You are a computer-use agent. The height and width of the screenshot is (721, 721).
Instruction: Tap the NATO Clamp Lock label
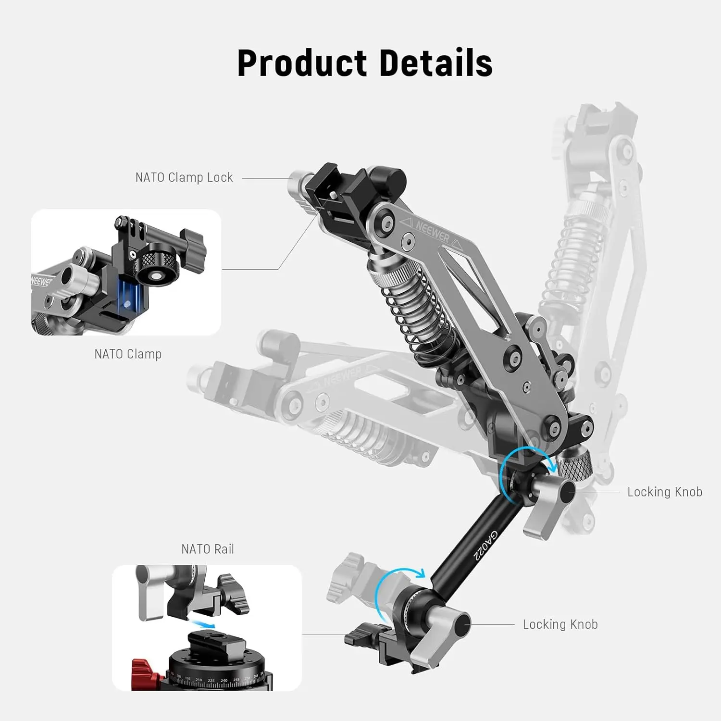(184, 177)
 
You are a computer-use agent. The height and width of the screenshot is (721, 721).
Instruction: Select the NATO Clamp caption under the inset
(128, 354)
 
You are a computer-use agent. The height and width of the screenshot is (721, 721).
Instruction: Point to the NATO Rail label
(208, 549)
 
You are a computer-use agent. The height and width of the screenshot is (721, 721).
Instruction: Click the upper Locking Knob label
(665, 492)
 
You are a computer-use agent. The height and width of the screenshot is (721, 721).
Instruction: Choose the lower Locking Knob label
(560, 624)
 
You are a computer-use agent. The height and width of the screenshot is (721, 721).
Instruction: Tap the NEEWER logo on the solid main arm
(432, 232)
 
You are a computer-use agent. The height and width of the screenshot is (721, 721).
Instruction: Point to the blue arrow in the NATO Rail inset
(202, 623)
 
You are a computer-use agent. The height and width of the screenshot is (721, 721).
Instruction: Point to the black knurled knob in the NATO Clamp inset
(155, 262)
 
